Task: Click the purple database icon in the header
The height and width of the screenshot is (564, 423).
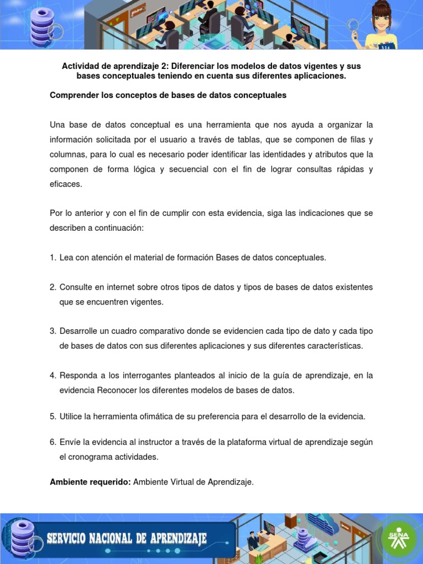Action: click(x=42, y=25)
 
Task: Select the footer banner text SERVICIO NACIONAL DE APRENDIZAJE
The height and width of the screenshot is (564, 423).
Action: click(x=127, y=538)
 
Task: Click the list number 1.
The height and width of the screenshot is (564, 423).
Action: click(x=52, y=258)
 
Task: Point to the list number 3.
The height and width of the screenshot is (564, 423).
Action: click(x=52, y=331)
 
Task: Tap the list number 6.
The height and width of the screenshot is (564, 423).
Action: click(x=52, y=442)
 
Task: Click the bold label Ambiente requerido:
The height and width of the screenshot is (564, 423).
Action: click(x=90, y=482)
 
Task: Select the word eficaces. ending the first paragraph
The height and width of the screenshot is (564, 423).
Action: click(x=66, y=184)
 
